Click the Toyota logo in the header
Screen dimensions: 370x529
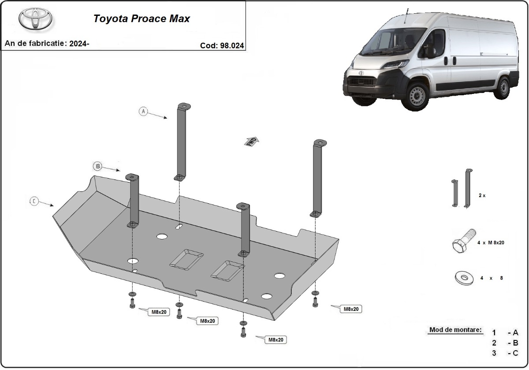[35, 19]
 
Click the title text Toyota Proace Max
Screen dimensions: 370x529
[141, 19]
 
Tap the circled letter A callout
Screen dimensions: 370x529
[143, 111]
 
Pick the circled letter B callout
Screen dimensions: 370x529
[97, 166]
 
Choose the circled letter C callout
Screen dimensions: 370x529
[34, 201]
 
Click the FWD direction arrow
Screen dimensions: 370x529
[252, 141]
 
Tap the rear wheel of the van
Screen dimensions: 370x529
[502, 87]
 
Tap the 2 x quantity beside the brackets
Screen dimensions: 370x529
[481, 195]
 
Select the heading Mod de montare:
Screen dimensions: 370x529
[455, 330]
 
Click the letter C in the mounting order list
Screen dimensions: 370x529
[515, 353]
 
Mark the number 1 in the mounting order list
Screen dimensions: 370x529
[494, 333]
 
